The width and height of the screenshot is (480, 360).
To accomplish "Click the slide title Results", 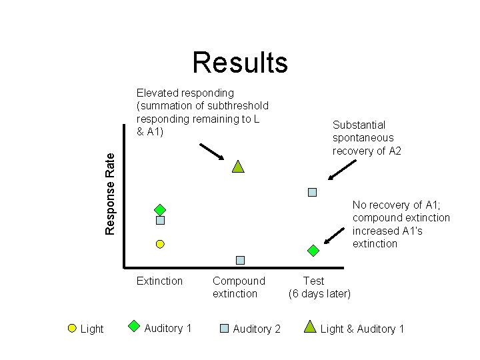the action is [x=240, y=63].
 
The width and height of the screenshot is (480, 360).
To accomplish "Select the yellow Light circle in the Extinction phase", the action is [x=160, y=244].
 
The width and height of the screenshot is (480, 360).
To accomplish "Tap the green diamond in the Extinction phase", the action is [x=160, y=210].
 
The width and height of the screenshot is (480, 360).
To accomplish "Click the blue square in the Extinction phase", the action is [x=161, y=220].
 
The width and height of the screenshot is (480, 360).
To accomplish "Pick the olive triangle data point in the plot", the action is [x=238, y=167].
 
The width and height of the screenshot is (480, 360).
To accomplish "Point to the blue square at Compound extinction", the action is [x=240, y=260].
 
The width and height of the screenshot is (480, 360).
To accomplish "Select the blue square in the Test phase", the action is [x=312, y=192].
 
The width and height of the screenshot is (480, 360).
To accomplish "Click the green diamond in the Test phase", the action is [x=313, y=251].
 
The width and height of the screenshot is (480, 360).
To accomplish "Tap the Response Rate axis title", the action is [x=109, y=194].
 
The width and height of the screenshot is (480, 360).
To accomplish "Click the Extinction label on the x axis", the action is [x=159, y=281].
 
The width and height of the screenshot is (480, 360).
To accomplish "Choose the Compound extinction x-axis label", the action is [x=239, y=287].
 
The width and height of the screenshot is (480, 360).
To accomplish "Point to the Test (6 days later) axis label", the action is [x=319, y=287].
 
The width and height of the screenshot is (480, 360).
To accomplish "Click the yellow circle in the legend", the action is [x=72, y=329].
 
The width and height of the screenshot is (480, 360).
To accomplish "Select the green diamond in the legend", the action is [x=134, y=326].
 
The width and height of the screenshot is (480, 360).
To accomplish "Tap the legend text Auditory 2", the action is [x=257, y=329].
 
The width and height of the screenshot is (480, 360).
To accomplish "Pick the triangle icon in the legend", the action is [x=310, y=327].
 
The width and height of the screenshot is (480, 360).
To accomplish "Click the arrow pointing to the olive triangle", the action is [x=212, y=152].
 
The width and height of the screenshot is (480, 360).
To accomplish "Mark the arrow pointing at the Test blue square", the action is [x=342, y=170].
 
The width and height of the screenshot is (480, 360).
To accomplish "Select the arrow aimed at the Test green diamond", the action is [x=334, y=236].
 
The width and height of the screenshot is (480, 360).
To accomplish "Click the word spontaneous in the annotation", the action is [x=363, y=138].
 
